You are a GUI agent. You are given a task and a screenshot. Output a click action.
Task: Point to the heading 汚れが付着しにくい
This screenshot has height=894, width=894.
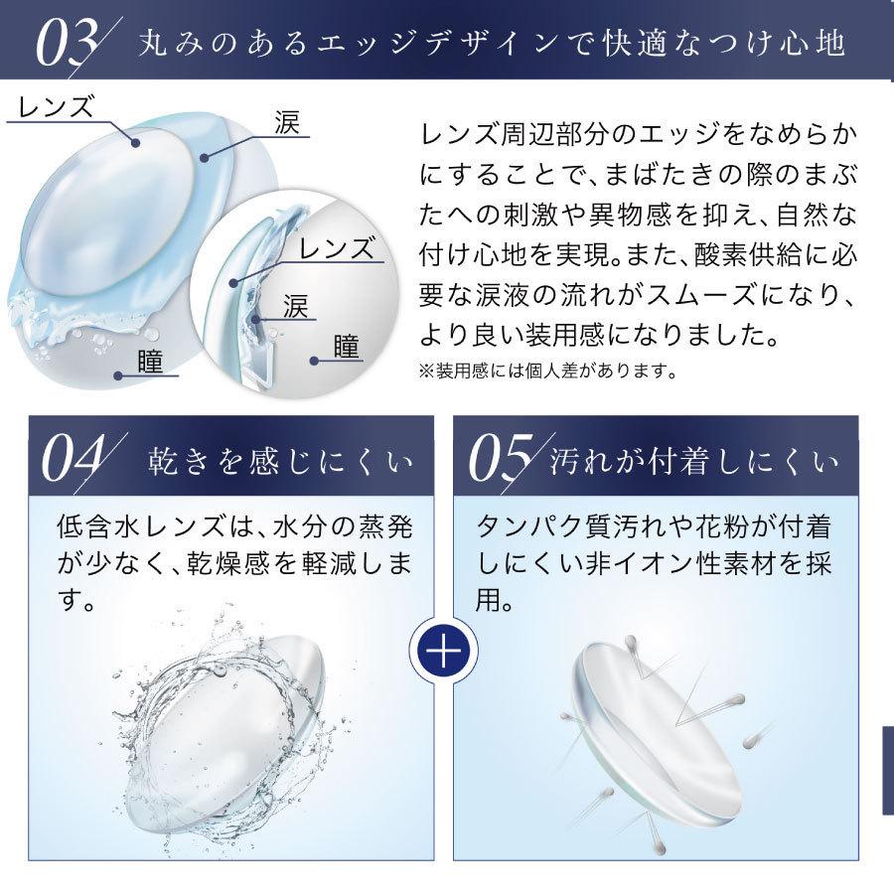click(694, 463)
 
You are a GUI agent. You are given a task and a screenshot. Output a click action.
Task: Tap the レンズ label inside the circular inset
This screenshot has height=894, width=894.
click(338, 248)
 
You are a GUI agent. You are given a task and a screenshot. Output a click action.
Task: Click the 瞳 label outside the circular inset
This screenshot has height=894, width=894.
click(151, 360)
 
